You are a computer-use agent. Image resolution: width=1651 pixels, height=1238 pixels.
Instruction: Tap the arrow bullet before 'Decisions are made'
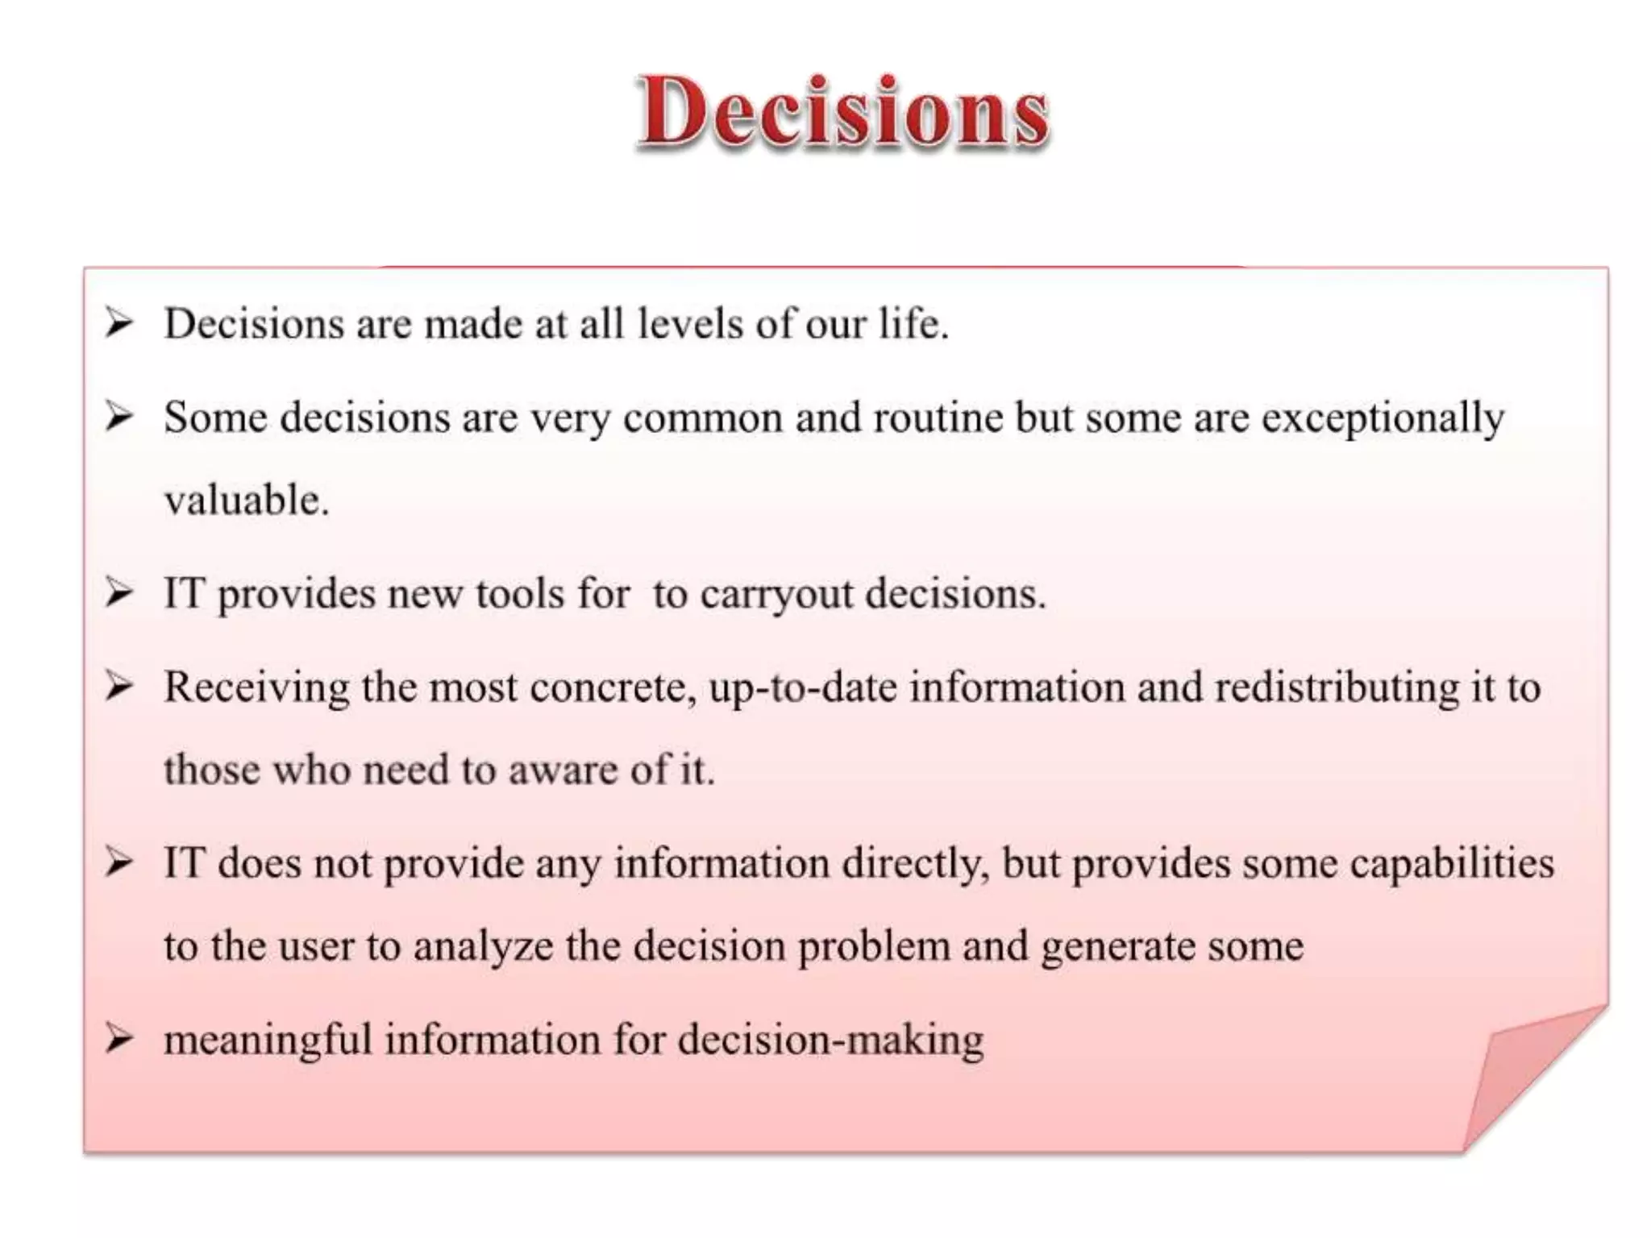(x=119, y=324)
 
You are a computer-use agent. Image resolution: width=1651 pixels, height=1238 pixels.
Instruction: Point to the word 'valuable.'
(x=247, y=500)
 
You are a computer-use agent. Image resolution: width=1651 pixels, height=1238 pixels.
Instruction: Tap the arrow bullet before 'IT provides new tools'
(x=119, y=593)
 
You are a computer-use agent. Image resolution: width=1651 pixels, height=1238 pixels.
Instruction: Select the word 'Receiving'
(x=256, y=688)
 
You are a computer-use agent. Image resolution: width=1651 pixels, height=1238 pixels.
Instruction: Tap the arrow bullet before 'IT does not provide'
(x=119, y=862)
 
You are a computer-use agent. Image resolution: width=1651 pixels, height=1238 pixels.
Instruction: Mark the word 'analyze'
(x=483, y=945)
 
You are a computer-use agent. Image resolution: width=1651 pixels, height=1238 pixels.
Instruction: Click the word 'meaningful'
(x=268, y=1039)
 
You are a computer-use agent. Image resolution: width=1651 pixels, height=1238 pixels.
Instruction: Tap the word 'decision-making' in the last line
(x=830, y=1040)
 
